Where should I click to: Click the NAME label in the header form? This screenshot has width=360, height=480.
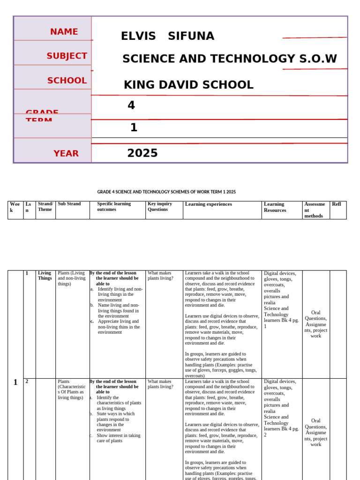point(64,32)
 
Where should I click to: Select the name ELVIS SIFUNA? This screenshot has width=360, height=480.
point(167,36)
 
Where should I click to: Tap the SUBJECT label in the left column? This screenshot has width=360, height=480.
point(67,56)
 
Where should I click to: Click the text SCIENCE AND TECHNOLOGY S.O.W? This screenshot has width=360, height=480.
point(229,59)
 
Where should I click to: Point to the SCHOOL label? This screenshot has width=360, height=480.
point(67,81)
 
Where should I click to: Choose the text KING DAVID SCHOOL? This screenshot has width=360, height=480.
point(188,85)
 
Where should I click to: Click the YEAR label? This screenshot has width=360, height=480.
point(66,153)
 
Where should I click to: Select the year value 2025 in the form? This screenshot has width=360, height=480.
point(142,153)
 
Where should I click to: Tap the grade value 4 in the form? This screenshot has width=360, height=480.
point(131,105)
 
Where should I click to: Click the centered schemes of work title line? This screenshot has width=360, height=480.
point(166,192)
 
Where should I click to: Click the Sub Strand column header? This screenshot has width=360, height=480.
point(69,204)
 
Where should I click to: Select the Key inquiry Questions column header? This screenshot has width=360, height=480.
point(160,207)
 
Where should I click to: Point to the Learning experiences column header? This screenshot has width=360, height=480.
point(208,204)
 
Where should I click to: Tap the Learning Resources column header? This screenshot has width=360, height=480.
point(275,207)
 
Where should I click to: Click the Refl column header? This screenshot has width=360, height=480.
point(336,204)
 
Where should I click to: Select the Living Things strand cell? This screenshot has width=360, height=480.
point(45,275)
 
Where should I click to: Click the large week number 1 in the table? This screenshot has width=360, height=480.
point(15,382)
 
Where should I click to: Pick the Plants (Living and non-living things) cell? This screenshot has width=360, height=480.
point(72,278)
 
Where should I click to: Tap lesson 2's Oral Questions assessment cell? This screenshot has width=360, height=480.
point(315,432)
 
